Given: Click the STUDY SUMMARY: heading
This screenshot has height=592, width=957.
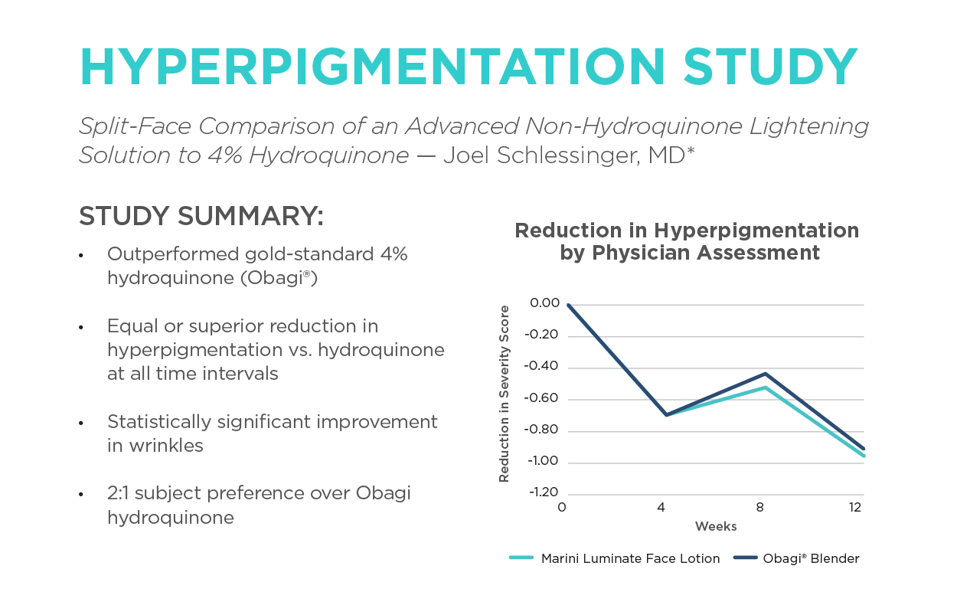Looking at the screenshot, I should click(201, 217).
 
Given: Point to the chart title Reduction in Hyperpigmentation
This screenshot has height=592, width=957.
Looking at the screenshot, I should click(687, 231).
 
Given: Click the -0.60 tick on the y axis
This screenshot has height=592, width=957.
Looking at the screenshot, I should click(542, 398).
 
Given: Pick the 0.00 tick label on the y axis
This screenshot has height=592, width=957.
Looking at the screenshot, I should click(544, 303).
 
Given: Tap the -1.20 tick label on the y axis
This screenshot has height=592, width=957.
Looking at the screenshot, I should click(542, 492).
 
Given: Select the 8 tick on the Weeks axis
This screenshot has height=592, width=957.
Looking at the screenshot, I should click(760, 508).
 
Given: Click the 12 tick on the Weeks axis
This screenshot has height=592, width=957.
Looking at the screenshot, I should click(855, 508).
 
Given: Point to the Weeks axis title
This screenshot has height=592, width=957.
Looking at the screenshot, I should click(716, 527).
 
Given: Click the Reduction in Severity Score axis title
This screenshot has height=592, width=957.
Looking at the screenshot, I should click(504, 394).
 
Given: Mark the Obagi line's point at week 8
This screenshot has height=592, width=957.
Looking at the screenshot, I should click(764, 374).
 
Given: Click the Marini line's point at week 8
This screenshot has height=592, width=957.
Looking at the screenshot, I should click(764, 388).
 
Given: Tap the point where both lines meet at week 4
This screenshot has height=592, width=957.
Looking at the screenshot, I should click(667, 414).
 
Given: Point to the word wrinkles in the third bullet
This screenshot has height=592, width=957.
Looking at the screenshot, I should click(155, 445).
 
